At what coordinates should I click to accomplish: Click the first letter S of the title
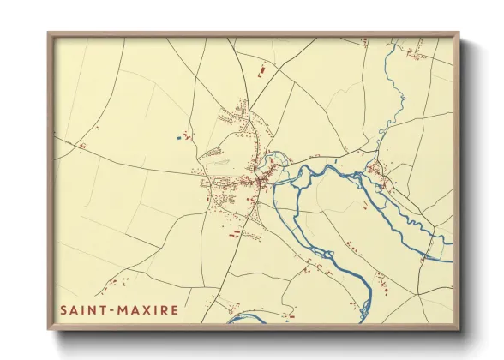pyautogui.click(x=63, y=309)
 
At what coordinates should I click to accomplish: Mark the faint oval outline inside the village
pyautogui.click(x=221, y=159)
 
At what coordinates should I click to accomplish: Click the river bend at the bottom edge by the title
pyautogui.click(x=249, y=319)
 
